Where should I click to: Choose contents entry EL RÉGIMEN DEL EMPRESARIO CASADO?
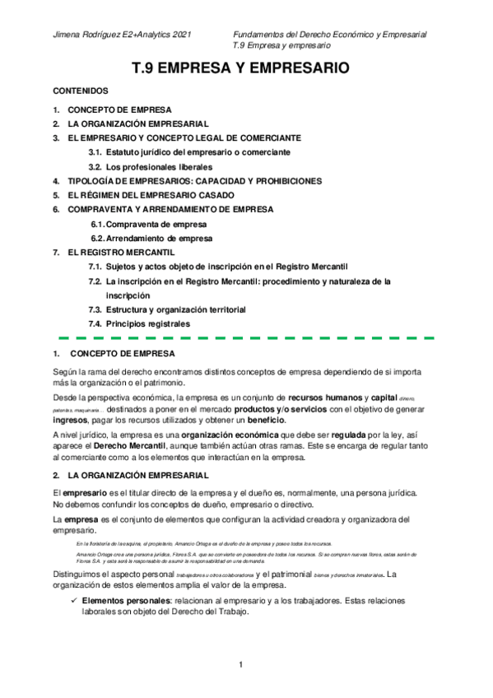coord(150,195)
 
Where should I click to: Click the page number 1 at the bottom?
coord(240,664)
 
